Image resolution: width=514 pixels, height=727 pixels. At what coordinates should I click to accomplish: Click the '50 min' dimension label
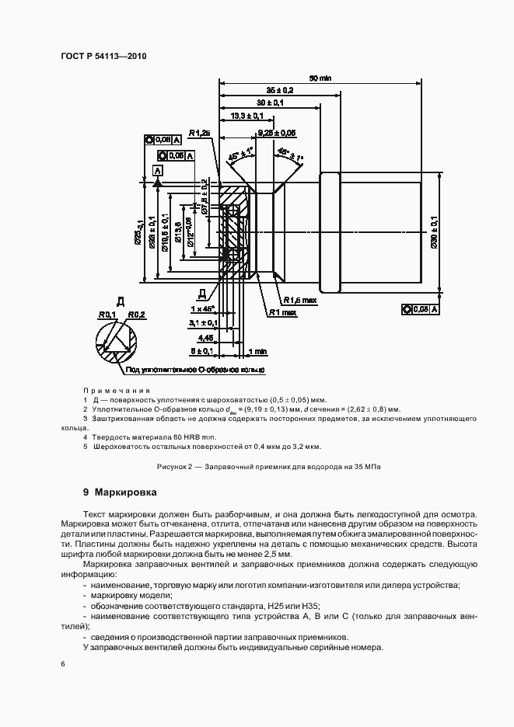point(320,78)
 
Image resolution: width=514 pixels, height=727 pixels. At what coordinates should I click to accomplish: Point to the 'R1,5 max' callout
point(300,299)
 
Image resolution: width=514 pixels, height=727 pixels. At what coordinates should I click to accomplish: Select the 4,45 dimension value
point(205,338)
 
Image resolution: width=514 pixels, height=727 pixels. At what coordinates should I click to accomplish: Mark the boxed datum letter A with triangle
point(159,170)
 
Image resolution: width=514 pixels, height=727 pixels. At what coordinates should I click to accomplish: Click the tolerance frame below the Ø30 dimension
point(421,309)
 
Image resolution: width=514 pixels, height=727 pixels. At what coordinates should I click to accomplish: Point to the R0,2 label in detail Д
point(137,315)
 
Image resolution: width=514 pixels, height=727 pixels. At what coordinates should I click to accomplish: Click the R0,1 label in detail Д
point(106,315)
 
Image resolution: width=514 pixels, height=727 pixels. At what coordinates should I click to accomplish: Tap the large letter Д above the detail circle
point(120,300)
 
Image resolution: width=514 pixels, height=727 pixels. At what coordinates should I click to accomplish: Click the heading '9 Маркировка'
point(120,492)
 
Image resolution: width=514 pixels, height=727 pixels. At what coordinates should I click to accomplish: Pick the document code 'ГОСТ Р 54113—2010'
point(104,57)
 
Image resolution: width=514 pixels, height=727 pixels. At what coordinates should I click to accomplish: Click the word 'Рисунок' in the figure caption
point(171,466)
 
